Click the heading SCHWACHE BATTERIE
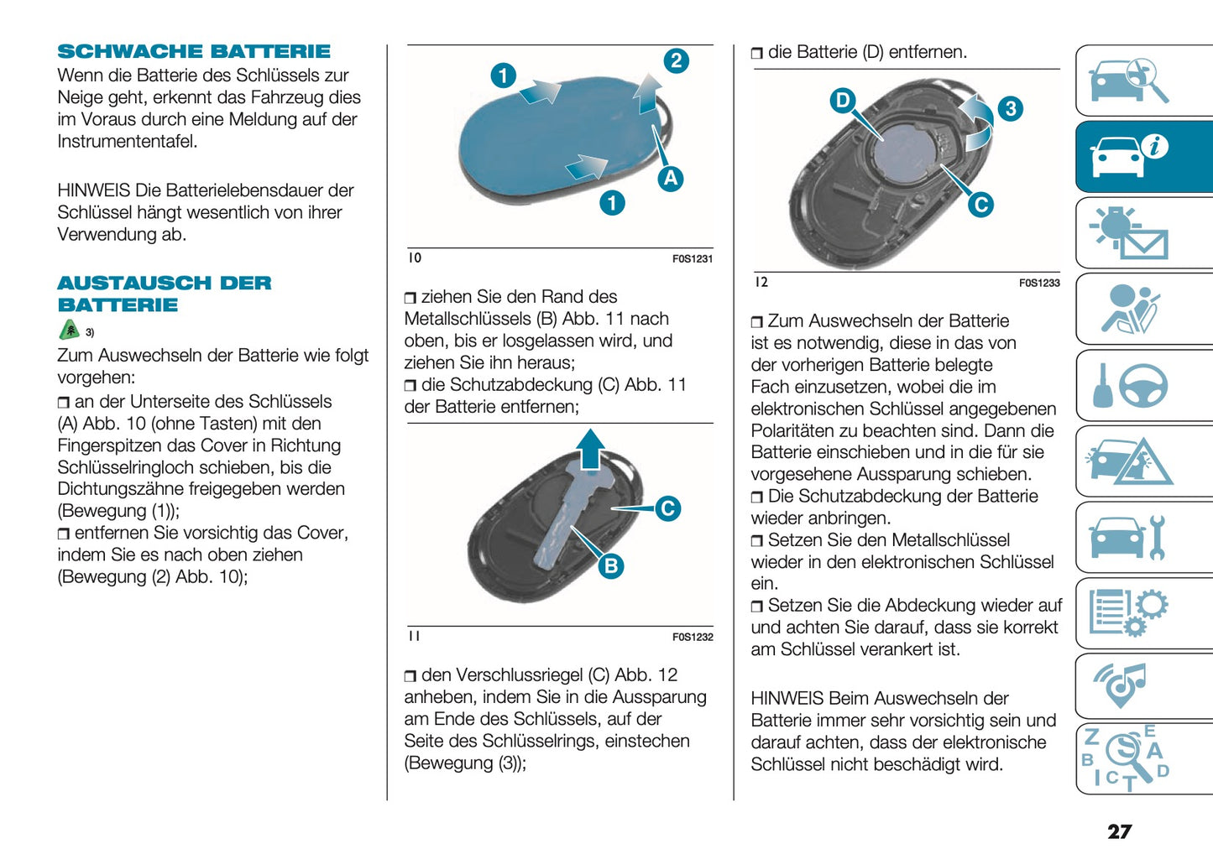click(x=194, y=51)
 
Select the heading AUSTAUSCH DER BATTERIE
click(x=164, y=294)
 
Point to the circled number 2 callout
click(x=676, y=61)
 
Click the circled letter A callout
click(x=670, y=179)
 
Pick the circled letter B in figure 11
click(x=611, y=566)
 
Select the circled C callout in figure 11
click(x=667, y=508)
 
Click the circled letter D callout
click(x=842, y=101)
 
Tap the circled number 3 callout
click(x=1010, y=108)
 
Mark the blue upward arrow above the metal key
click(x=591, y=449)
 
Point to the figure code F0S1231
click(x=692, y=259)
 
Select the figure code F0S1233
click(x=1039, y=284)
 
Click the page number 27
click(x=1119, y=831)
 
